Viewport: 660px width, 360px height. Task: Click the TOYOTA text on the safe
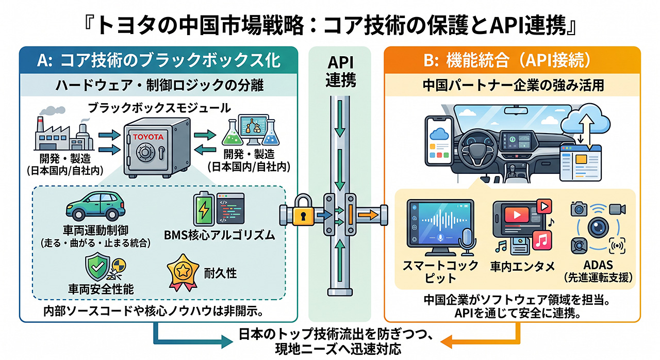pyautogui.click(x=148, y=137)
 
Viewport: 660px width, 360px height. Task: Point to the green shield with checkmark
pyautogui.click(x=97, y=266)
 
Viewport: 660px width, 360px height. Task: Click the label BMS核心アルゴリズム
pyautogui.click(x=220, y=235)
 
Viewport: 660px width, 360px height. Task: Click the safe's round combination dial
pyautogui.click(x=145, y=152)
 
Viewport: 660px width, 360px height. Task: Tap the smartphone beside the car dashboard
pyautogui.click(x=439, y=140)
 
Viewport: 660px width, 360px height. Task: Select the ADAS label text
pyautogui.click(x=598, y=265)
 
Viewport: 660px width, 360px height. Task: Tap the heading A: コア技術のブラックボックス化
pyautogui.click(x=158, y=60)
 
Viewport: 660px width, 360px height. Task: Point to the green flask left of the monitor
pyautogui.click(x=232, y=134)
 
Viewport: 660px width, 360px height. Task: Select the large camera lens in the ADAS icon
pyautogui.click(x=598, y=227)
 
